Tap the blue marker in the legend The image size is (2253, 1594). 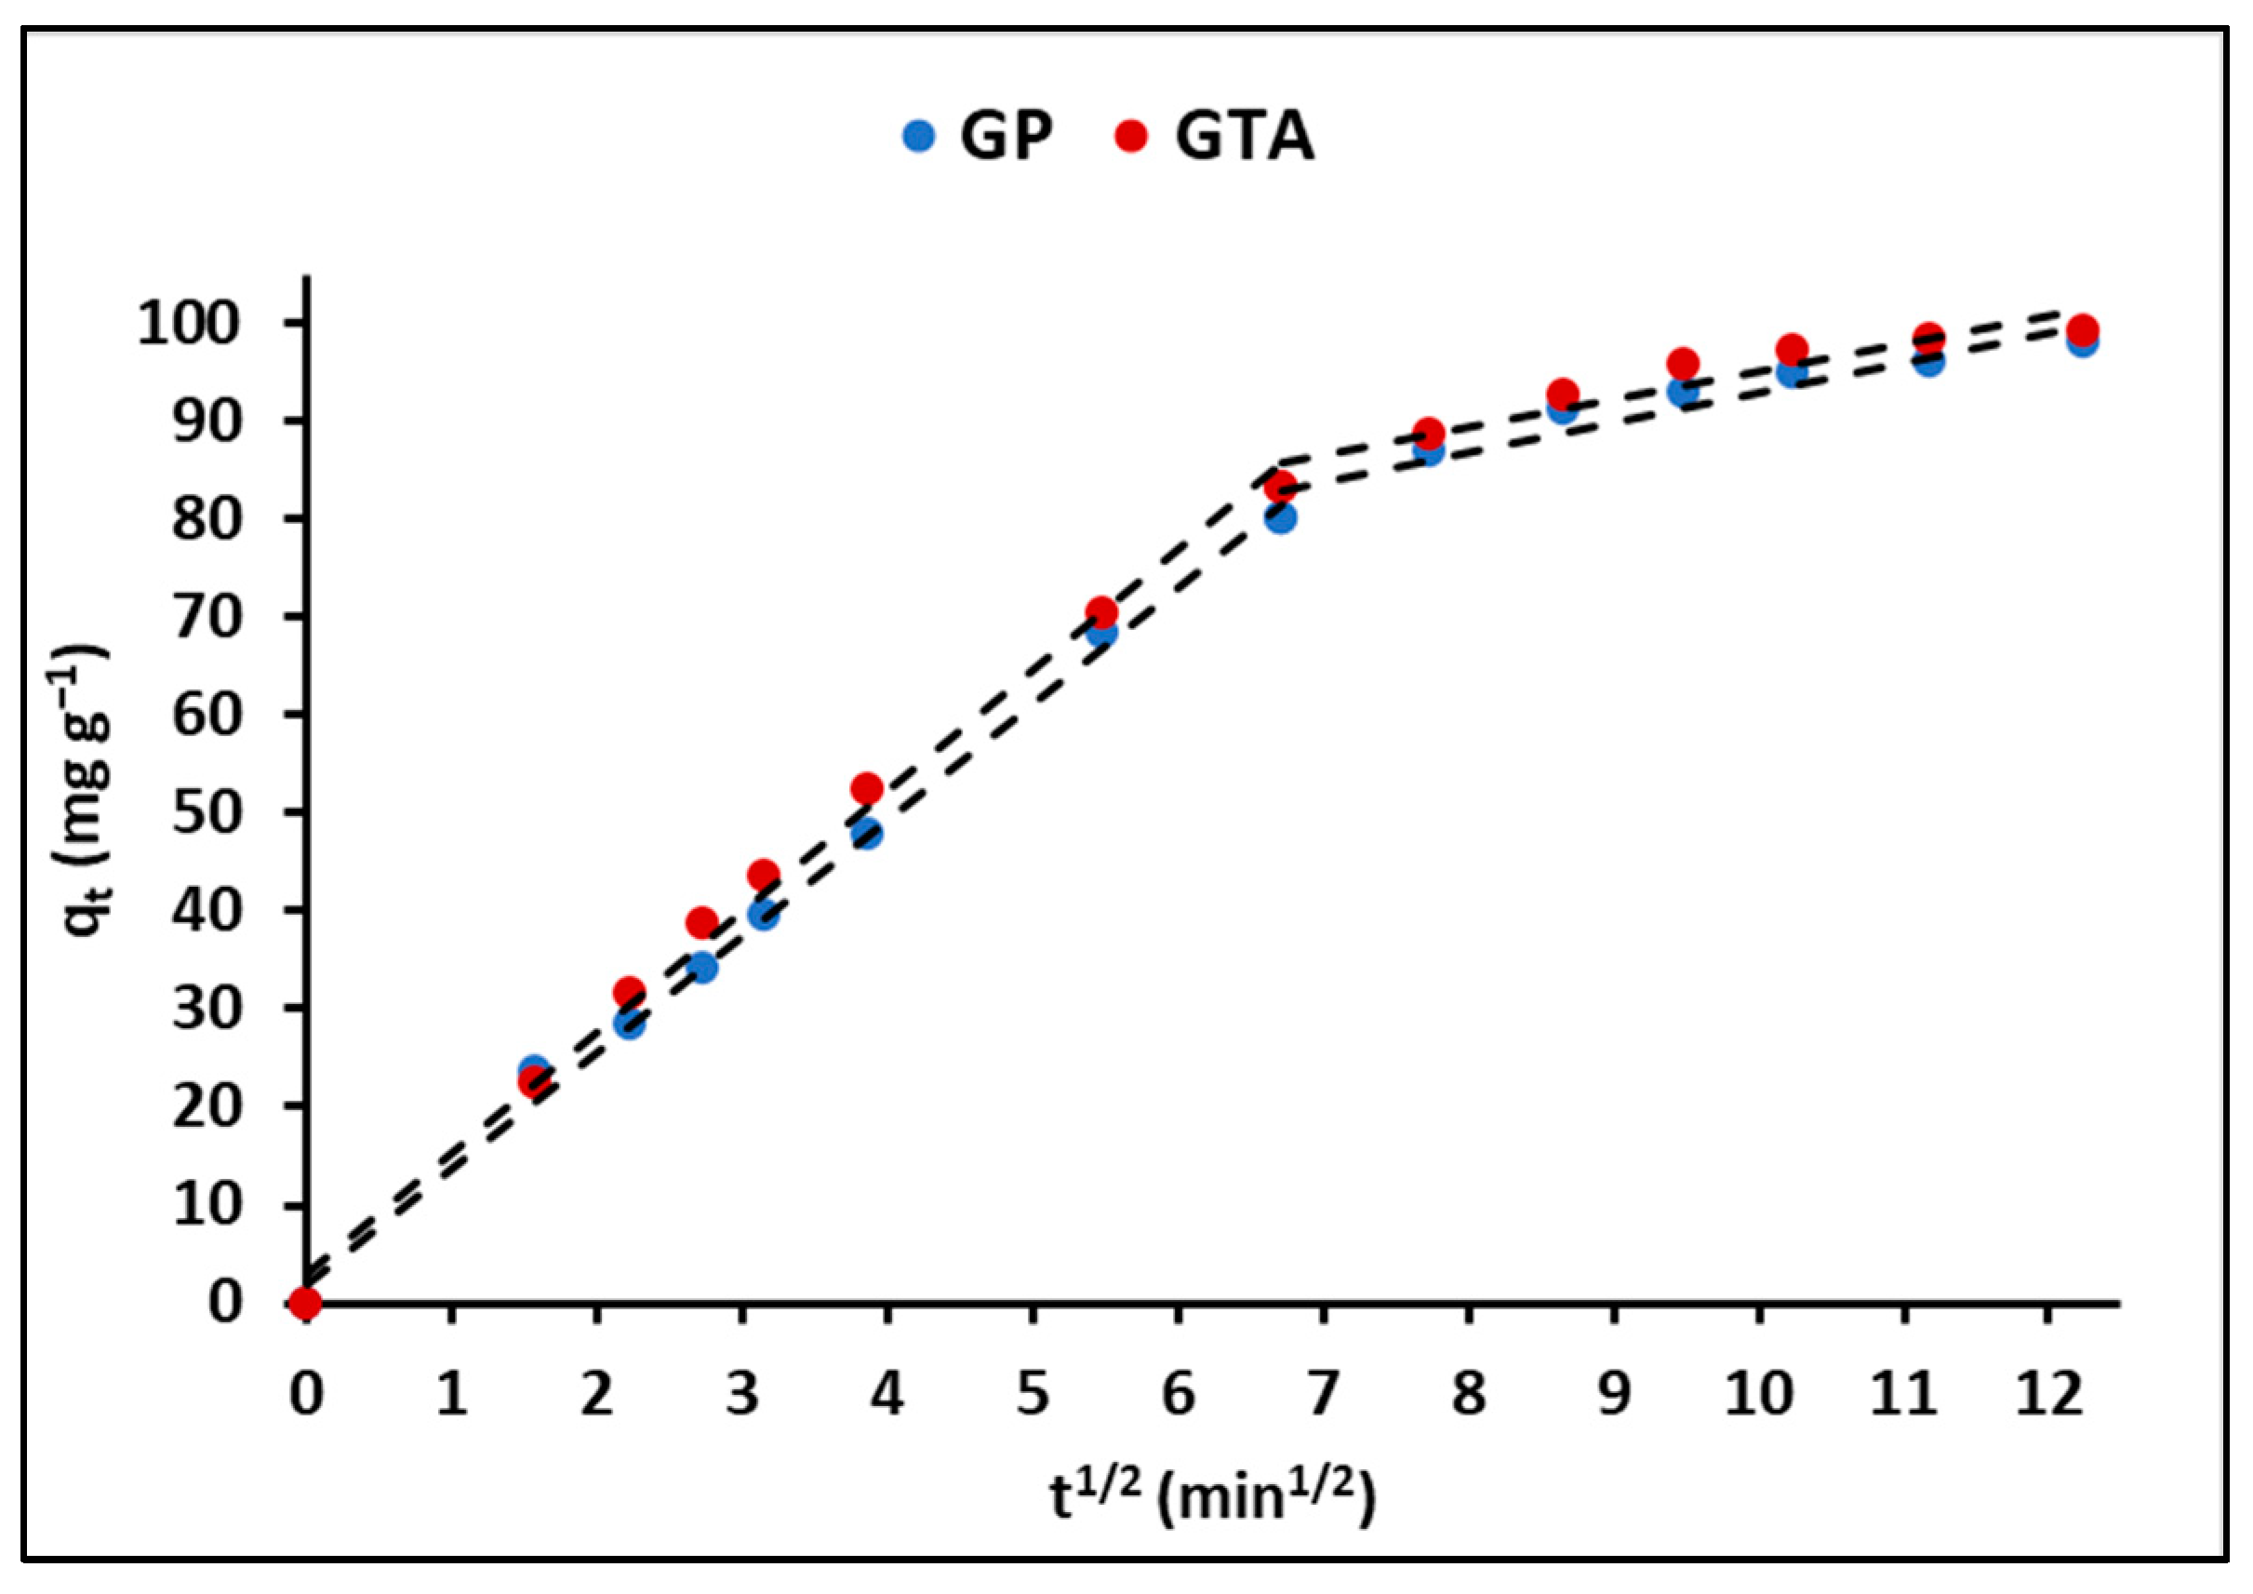point(918,136)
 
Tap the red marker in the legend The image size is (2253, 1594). point(1131,136)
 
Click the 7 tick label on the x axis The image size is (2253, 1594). point(1323,1394)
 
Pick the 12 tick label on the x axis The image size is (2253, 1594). point(2049,1394)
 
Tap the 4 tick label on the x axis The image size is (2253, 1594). point(887,1394)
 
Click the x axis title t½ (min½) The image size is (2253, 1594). point(1213,1498)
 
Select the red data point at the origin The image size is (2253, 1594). point(306,1304)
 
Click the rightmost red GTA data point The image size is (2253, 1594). point(2081,329)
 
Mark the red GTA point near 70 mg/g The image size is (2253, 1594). point(1101,612)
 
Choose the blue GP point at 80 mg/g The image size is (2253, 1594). point(1280,518)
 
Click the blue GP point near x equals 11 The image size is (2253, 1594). point(1929,362)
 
